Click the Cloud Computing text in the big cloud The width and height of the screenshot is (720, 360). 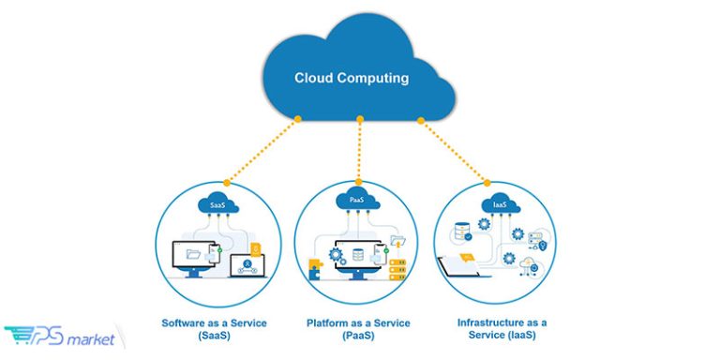(x=352, y=79)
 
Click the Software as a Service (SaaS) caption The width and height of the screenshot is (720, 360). (x=215, y=329)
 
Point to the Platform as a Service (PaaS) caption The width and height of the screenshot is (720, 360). (x=358, y=329)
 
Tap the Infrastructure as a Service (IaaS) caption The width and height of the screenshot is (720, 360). (x=502, y=329)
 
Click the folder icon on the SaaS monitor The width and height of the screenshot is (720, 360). (x=194, y=254)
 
